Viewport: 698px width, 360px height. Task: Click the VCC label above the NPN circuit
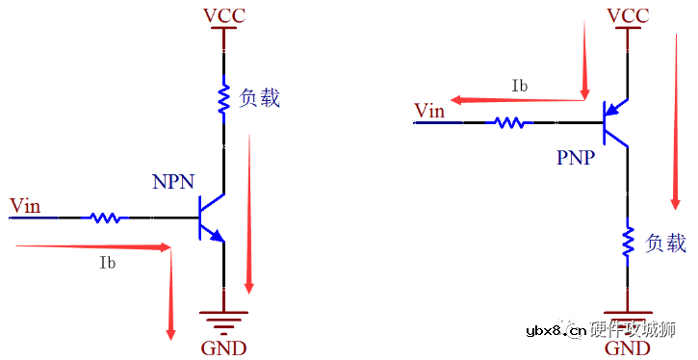click(223, 15)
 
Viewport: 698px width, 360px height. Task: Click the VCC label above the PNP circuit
click(628, 15)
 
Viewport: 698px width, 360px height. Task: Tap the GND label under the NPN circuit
click(223, 347)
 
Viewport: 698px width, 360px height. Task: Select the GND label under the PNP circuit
click(627, 347)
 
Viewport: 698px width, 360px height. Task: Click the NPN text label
click(174, 182)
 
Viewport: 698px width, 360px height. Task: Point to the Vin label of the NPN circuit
click(25, 205)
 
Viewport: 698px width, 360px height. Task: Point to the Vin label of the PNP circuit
click(429, 111)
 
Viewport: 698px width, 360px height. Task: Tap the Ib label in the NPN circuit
click(108, 262)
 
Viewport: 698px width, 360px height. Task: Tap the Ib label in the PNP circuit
click(519, 86)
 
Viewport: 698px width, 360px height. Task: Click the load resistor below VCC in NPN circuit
click(223, 99)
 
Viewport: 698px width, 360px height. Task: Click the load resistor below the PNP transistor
click(628, 243)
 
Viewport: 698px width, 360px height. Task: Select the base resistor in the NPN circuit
click(107, 218)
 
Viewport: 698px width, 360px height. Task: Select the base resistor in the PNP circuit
click(510, 122)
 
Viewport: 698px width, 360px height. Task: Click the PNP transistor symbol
click(613, 122)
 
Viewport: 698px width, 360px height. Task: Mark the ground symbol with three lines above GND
click(223, 320)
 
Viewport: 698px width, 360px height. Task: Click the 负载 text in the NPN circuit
click(260, 96)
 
